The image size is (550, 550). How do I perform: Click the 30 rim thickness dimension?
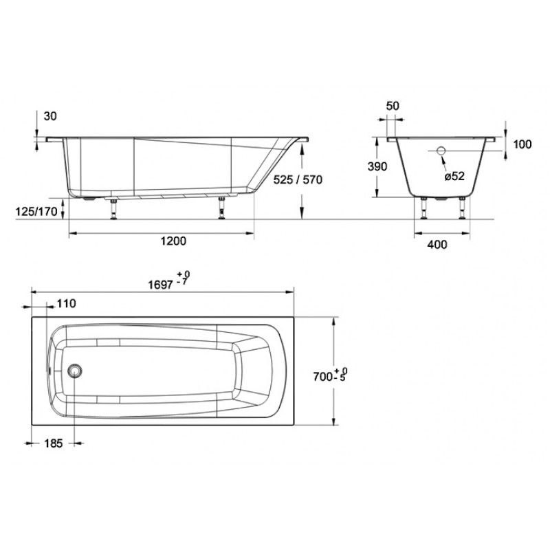coord(50,116)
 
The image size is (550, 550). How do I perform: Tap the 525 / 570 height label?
coord(298,179)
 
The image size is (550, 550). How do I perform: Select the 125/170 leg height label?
coord(36,212)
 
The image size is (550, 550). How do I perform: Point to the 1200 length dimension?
coord(173,241)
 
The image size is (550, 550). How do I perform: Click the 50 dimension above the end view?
coord(393,106)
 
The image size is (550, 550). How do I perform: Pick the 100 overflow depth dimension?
coord(522,144)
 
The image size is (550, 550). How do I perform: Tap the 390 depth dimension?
coord(377,166)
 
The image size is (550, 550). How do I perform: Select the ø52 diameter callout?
coord(454,176)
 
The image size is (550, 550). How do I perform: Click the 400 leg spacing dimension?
coord(437,244)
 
